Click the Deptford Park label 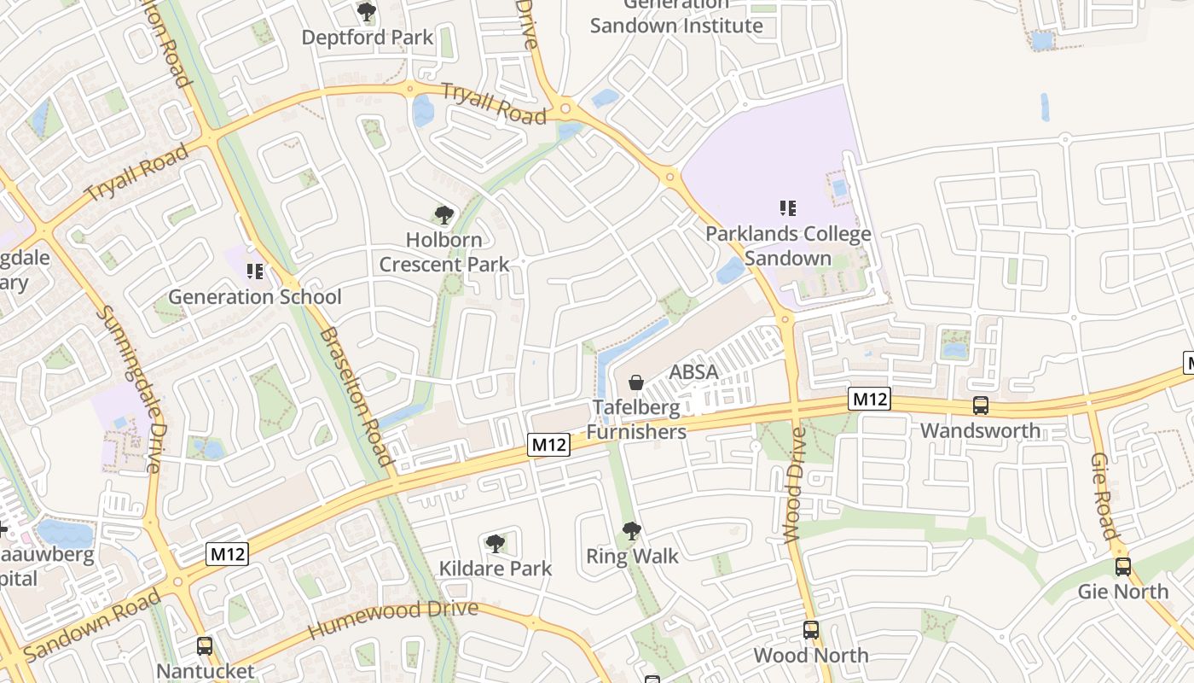click(368, 38)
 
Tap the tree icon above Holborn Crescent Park click(443, 215)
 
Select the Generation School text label click(254, 297)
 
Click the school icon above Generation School click(254, 271)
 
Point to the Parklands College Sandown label click(788, 246)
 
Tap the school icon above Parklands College click(788, 207)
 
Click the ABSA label click(693, 372)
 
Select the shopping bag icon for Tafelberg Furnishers click(636, 382)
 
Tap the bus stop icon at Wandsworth click(981, 406)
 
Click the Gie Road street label click(1104, 496)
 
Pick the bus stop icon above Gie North click(1123, 566)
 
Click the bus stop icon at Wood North click(811, 630)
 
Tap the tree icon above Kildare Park click(495, 543)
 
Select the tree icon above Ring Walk click(631, 531)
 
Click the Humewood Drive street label click(393, 620)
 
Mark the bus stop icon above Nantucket click(205, 646)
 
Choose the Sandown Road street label click(93, 626)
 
